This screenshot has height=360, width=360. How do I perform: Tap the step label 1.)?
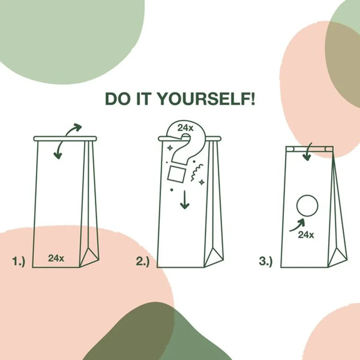19,261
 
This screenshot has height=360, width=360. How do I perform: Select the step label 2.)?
143,261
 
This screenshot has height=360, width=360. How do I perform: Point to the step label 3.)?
266,261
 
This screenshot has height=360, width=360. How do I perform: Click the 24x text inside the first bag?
56,258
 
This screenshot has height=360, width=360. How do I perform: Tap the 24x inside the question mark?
185,128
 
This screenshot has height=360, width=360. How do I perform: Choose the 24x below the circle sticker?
306,234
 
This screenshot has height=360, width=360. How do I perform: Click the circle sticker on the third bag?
307,206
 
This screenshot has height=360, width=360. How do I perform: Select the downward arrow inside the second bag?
185,200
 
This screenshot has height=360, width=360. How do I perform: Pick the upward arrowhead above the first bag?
78,127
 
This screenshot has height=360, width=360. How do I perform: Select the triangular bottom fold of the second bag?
214,257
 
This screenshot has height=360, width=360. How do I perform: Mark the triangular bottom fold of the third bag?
338,257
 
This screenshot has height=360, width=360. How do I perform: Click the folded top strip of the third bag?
309,149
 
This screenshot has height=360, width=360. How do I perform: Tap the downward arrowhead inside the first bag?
58,155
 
